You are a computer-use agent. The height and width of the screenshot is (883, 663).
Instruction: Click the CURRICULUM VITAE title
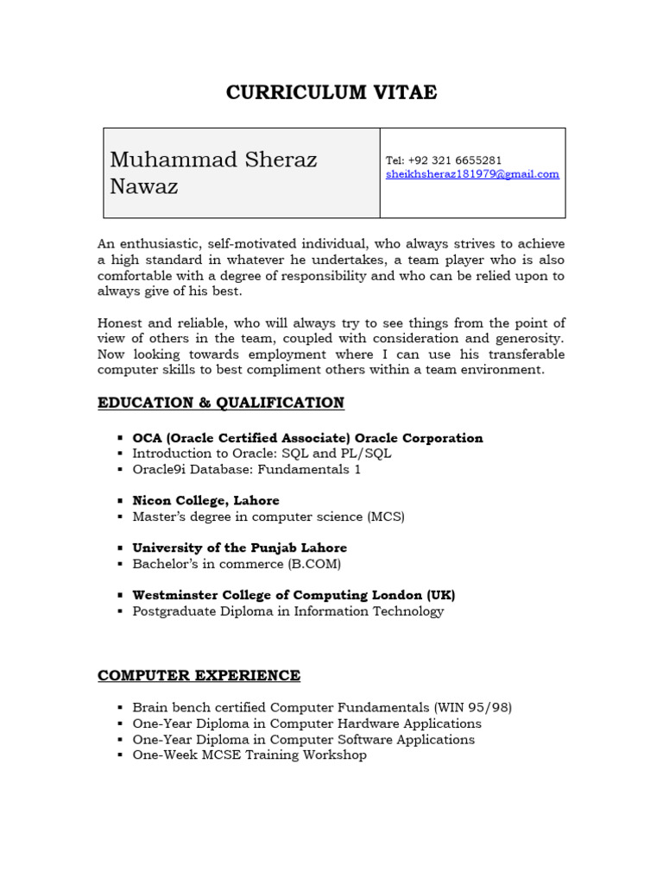[331, 93]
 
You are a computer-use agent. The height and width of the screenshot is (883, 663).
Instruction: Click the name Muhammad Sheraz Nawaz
[213, 172]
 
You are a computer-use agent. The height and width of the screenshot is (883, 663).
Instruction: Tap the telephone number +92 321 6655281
[457, 160]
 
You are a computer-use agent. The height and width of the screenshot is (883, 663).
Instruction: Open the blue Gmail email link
[472, 174]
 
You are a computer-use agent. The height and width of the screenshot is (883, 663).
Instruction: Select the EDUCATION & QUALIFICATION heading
[221, 403]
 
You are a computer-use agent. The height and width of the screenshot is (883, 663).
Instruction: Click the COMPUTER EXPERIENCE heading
[199, 675]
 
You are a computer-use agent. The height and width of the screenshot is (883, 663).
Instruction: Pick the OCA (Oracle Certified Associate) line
[307, 438]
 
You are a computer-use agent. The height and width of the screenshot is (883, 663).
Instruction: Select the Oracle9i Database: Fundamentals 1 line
[246, 469]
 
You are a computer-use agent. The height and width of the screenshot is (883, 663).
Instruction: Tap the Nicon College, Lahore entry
[205, 500]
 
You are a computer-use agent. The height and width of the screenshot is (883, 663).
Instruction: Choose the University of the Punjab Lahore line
[239, 548]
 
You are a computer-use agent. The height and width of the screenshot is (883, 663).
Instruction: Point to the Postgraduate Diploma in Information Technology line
[287, 611]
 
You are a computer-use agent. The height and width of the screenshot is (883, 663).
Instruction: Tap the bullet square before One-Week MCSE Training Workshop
[120, 755]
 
